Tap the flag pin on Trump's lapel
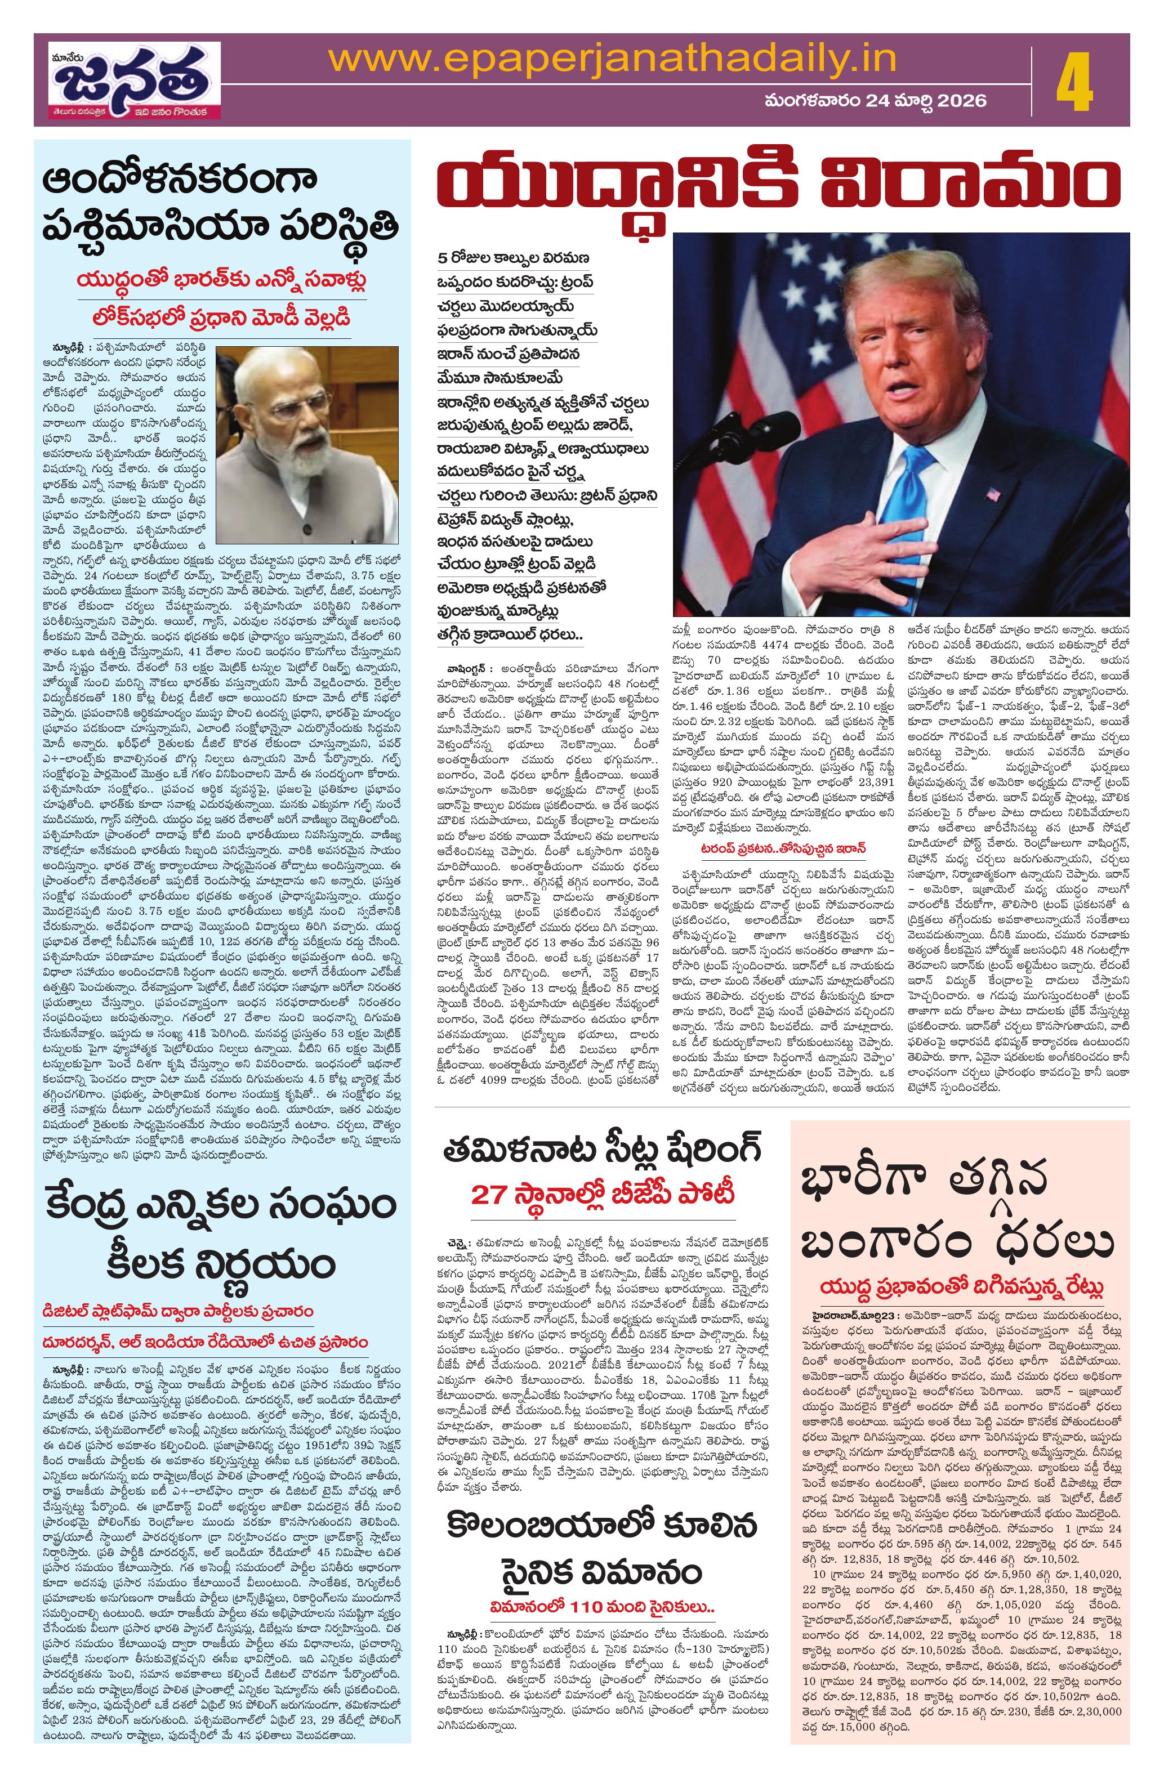993,494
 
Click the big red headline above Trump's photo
781,187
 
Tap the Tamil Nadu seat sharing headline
603,1148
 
